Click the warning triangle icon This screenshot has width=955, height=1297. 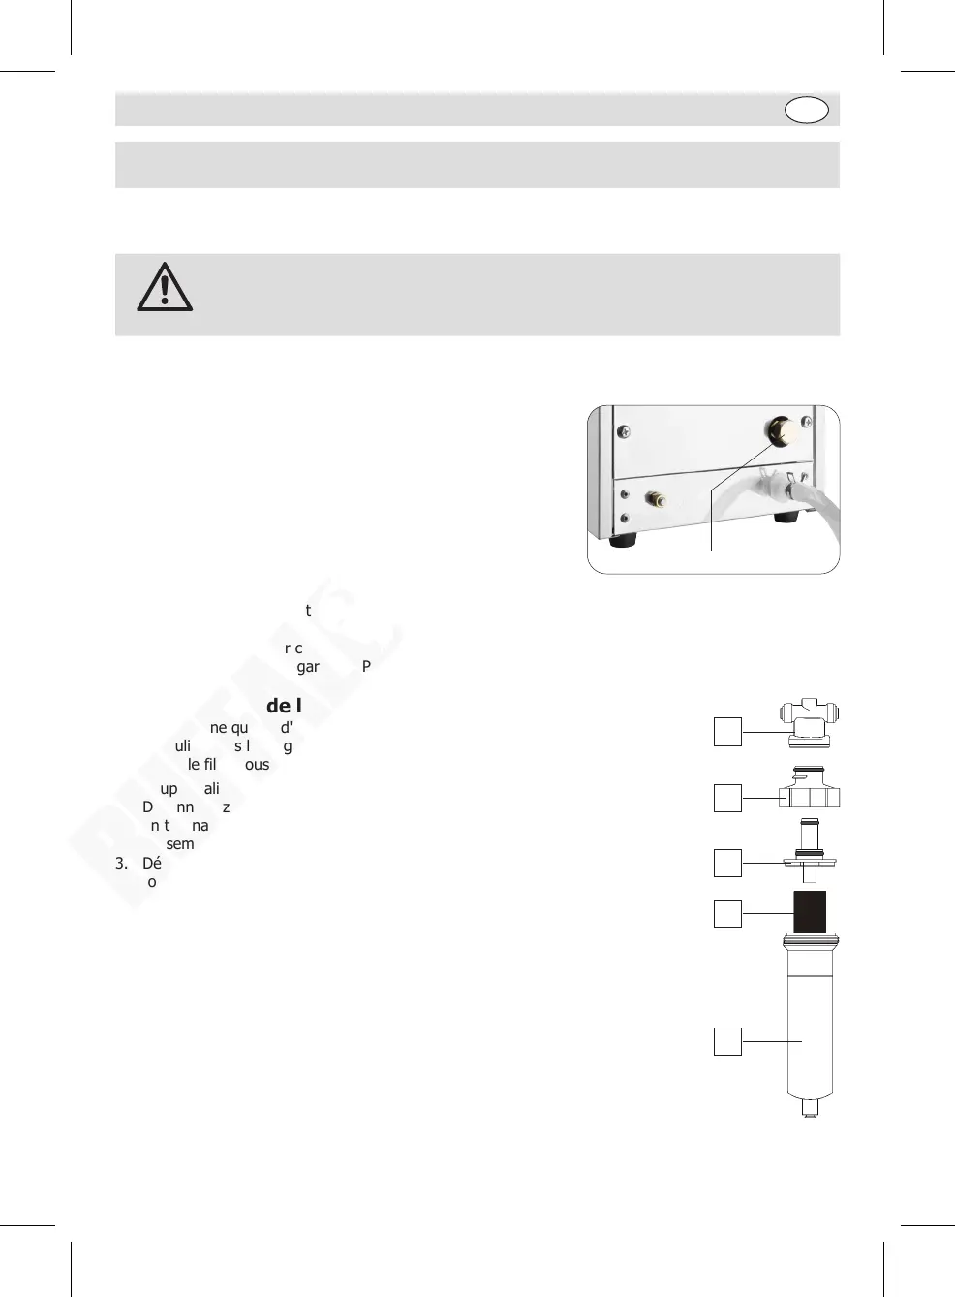[165, 287]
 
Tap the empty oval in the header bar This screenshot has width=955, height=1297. [806, 110]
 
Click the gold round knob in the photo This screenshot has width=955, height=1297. [782, 429]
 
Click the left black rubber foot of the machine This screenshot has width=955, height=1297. [623, 540]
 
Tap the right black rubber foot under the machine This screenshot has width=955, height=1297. [786, 518]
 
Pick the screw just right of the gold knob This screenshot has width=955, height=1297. [807, 423]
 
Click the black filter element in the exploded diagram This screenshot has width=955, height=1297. [810, 912]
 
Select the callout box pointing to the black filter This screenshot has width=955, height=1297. [727, 913]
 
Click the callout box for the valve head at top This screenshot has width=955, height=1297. [727, 732]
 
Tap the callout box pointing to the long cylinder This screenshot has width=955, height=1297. [727, 1041]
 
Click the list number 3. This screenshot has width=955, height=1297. [121, 863]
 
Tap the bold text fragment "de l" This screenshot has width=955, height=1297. [284, 706]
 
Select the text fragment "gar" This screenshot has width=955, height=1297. [308, 667]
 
